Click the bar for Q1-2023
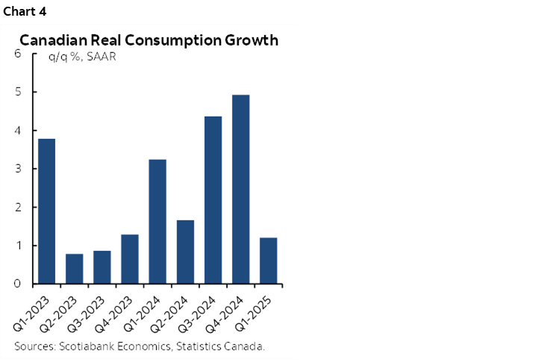[x=46, y=211]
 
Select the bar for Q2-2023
[x=75, y=269]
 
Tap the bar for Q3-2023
[x=102, y=267]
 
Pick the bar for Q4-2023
[x=130, y=259]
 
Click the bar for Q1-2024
[x=157, y=222]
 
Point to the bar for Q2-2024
[x=185, y=252]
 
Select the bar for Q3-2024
[x=213, y=200]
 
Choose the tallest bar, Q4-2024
[x=240, y=190]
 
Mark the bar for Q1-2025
[x=268, y=261]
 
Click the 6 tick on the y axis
[x=17, y=54]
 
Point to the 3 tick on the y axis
[x=17, y=169]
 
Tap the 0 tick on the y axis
[x=17, y=284]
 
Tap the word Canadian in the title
[x=53, y=40]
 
